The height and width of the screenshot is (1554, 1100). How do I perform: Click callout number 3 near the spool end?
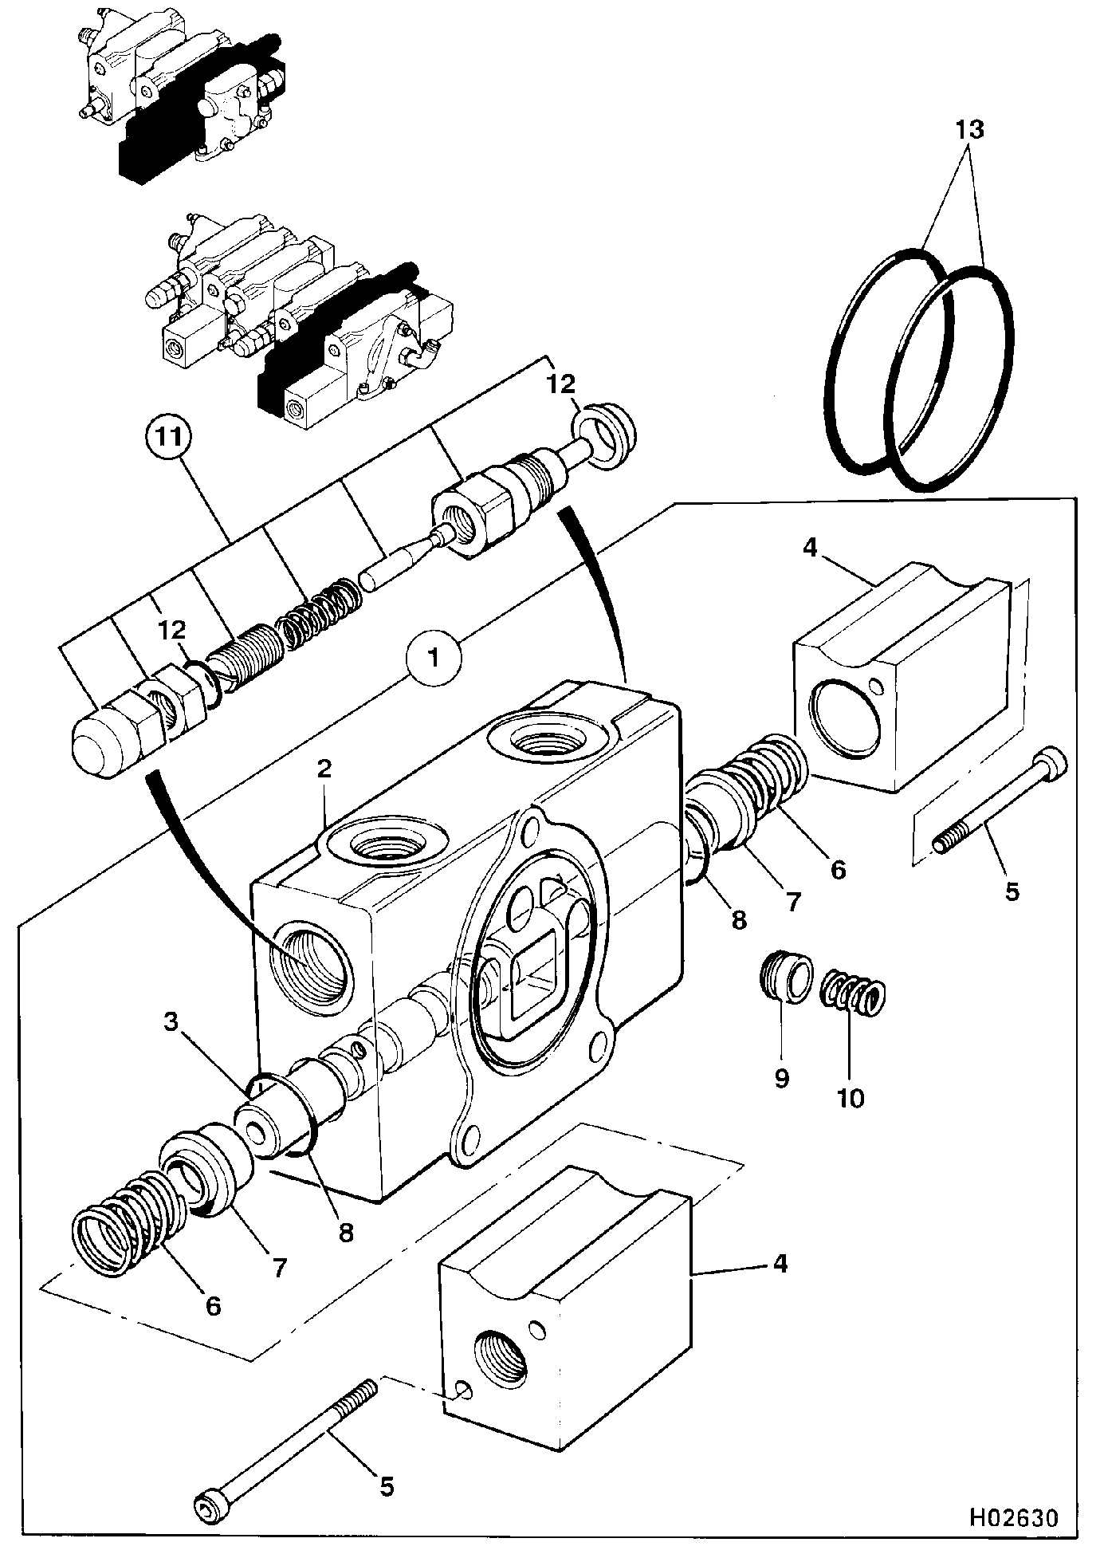click(x=171, y=1023)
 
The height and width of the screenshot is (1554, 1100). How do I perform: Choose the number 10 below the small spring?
click(x=851, y=1098)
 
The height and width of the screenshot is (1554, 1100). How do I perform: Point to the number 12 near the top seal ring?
click(x=561, y=384)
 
